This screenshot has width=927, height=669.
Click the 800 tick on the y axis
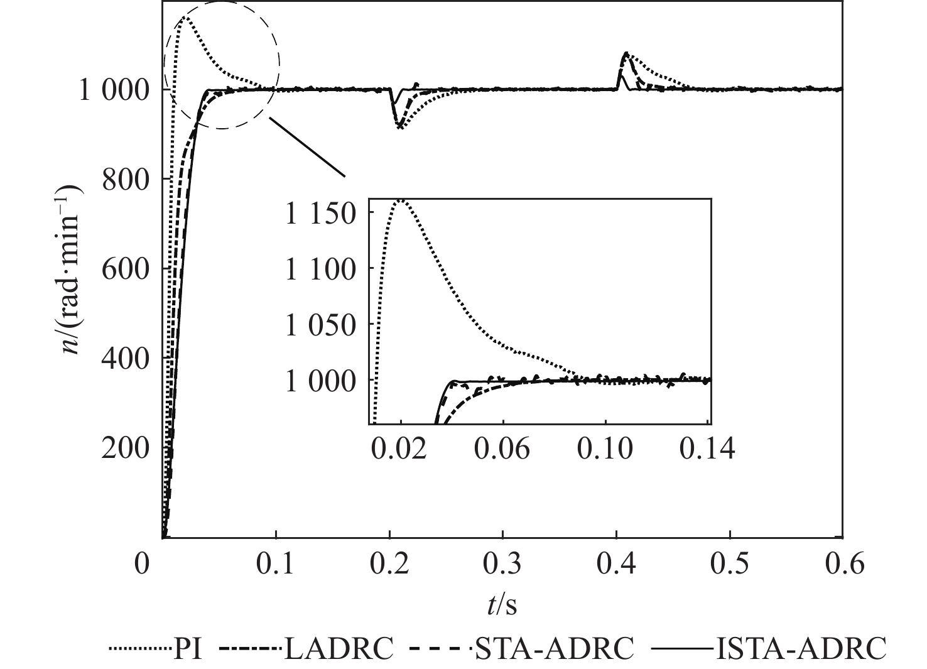pyautogui.click(x=126, y=180)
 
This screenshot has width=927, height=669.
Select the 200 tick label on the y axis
pyautogui.click(x=126, y=449)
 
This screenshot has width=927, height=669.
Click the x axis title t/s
pyautogui.click(x=502, y=605)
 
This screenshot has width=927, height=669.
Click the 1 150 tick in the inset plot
pyautogui.click(x=321, y=214)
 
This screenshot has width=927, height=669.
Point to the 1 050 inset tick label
pyautogui.click(x=321, y=325)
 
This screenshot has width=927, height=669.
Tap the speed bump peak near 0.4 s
pyautogui.click(x=626, y=53)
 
